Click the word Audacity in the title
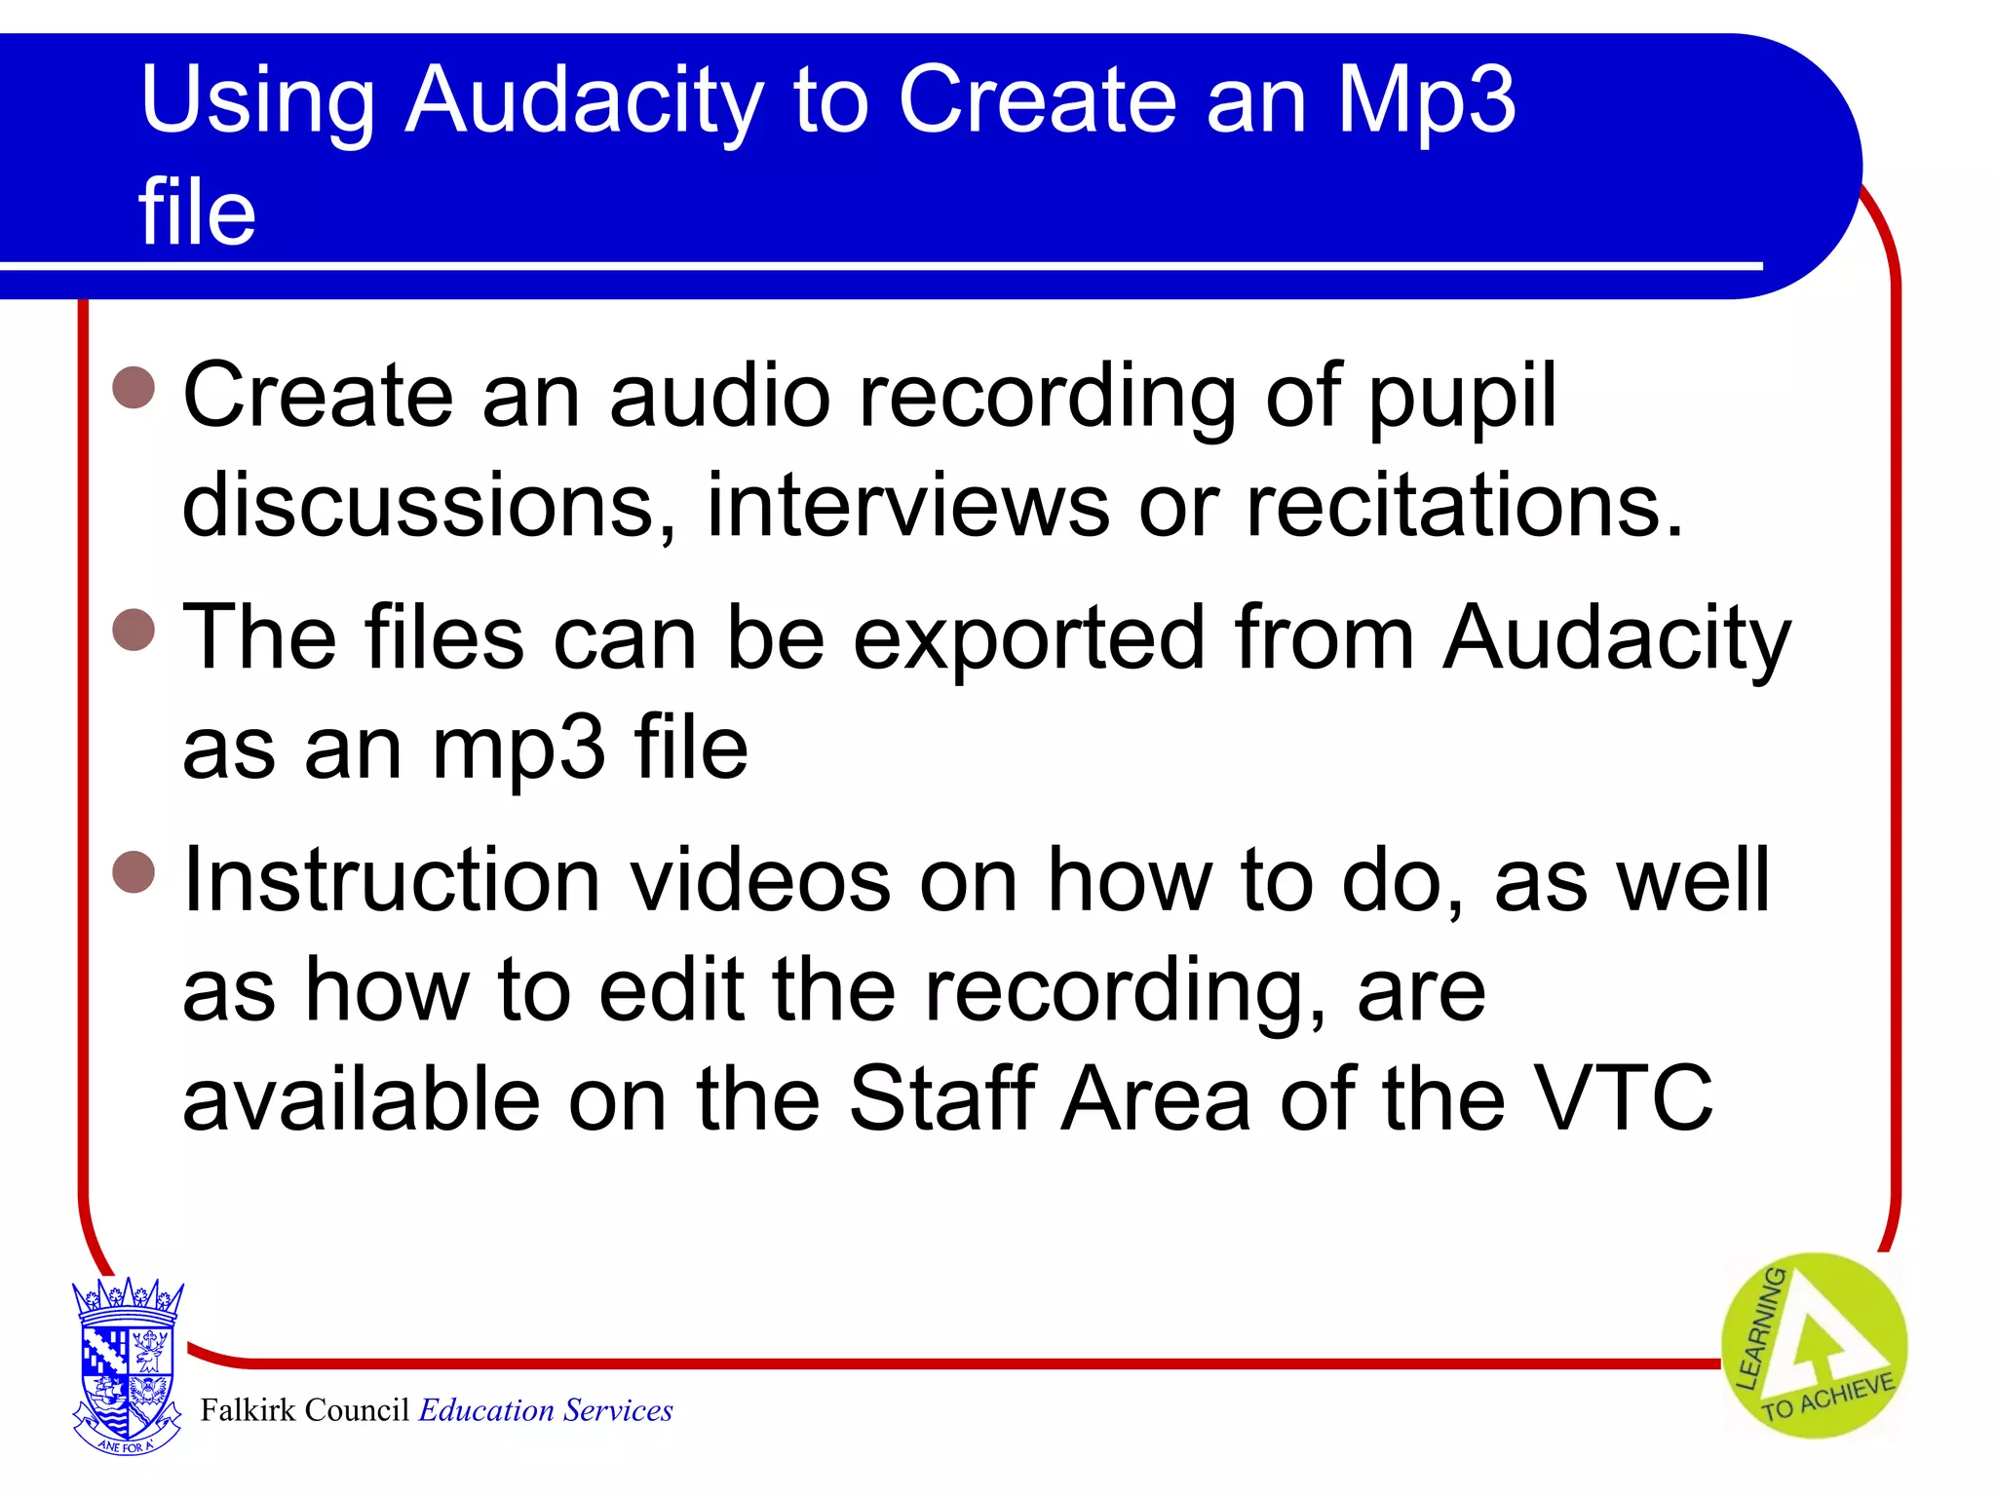[584, 100]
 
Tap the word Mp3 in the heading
[1426, 100]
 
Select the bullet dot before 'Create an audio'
[134, 387]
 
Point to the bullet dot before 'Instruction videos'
[134, 871]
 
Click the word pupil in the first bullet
[1462, 398]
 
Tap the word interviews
[907, 506]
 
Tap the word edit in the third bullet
[672, 990]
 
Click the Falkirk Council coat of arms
[127, 1365]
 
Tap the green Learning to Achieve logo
[1814, 1346]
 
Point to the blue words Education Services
[546, 1410]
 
